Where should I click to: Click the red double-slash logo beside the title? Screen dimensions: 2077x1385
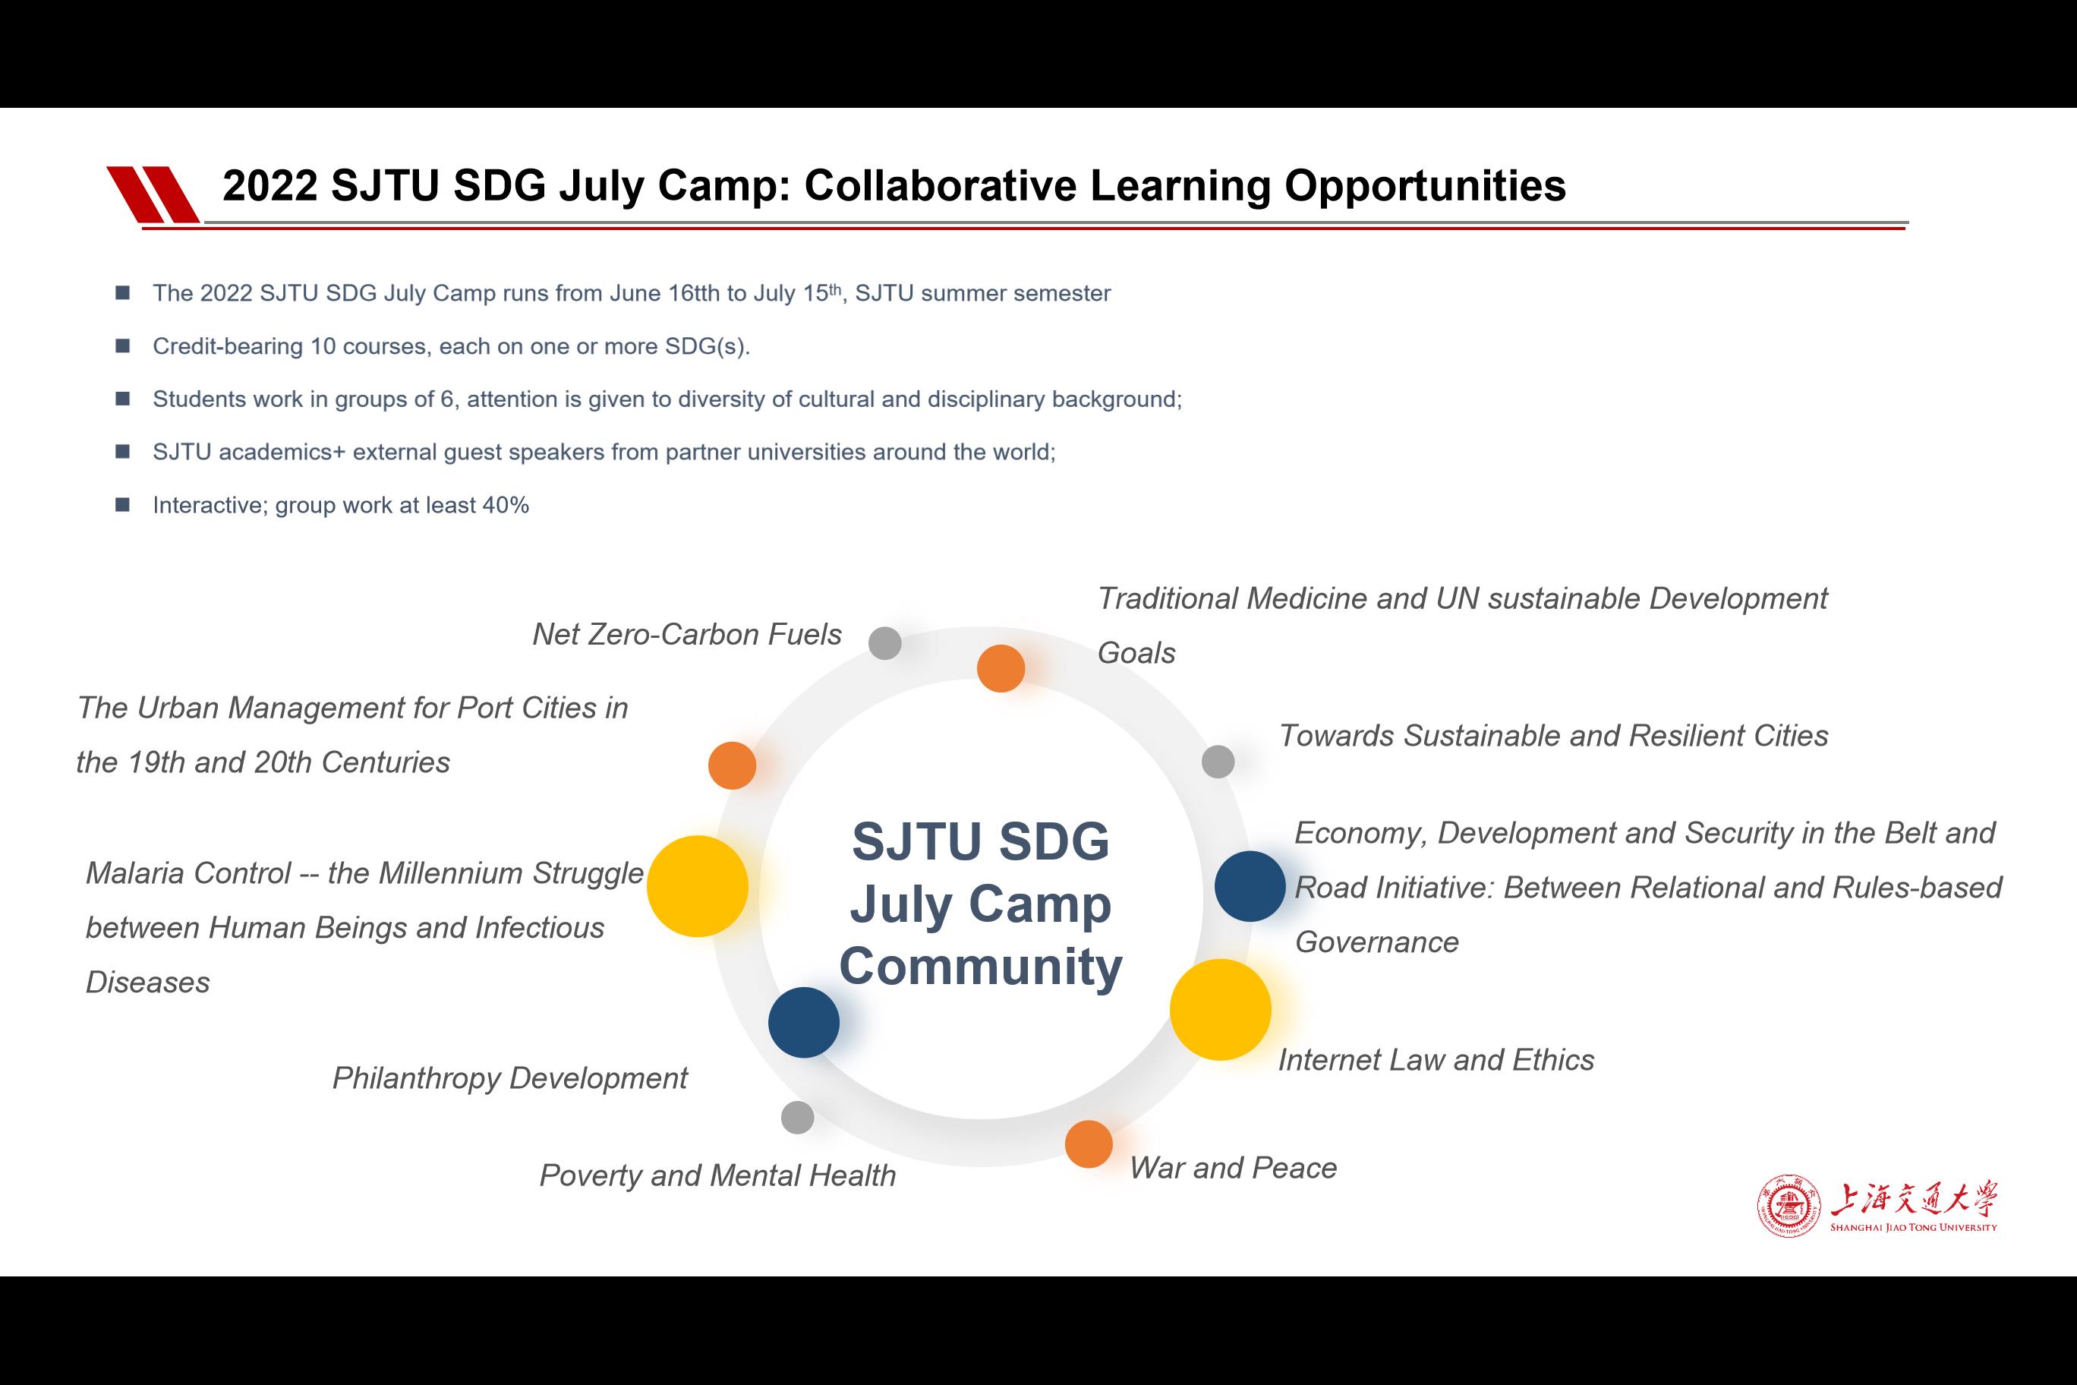(153, 194)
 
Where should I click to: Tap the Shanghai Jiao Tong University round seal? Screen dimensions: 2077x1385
(1789, 1206)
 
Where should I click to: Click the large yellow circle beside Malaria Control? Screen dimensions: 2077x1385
(698, 886)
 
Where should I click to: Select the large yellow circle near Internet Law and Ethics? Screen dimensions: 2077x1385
(1221, 1010)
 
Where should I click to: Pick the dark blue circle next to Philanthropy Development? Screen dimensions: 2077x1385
(804, 1022)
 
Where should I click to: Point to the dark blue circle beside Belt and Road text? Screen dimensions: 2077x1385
(1250, 886)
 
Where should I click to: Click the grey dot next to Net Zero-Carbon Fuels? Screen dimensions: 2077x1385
(885, 643)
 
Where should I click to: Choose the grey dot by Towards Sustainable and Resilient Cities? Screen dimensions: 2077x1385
(1218, 762)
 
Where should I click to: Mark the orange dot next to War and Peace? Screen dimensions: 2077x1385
(1089, 1144)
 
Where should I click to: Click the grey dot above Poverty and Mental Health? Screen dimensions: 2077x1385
(797, 1118)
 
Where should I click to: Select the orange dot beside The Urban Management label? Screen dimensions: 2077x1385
(732, 765)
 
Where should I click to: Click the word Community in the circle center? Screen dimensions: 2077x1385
(980, 967)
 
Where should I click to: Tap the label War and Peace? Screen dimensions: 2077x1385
(1233, 1168)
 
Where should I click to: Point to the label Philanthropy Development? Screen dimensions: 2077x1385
(509, 1078)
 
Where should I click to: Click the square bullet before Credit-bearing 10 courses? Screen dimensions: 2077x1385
(123, 345)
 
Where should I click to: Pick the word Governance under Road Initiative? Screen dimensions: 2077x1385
(1377, 942)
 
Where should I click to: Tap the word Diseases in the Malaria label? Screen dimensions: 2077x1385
(147, 983)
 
